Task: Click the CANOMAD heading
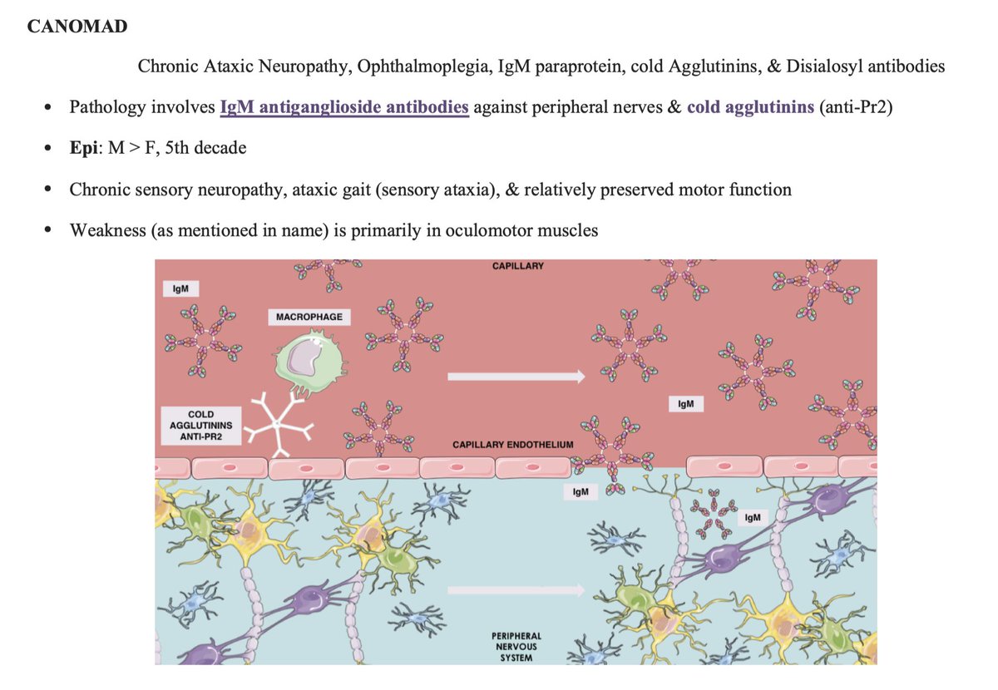coord(77,27)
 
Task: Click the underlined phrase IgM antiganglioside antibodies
coord(344,108)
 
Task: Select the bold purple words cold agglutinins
coord(750,108)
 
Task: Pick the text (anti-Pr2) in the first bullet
coord(855,108)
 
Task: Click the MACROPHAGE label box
coord(309,317)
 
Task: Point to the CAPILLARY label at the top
coord(517,266)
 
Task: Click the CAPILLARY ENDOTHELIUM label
coord(512,445)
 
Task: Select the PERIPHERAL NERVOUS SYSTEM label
coord(516,647)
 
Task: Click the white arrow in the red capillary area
coord(516,377)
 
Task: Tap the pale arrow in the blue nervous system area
coord(516,591)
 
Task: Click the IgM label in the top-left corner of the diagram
coord(180,288)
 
